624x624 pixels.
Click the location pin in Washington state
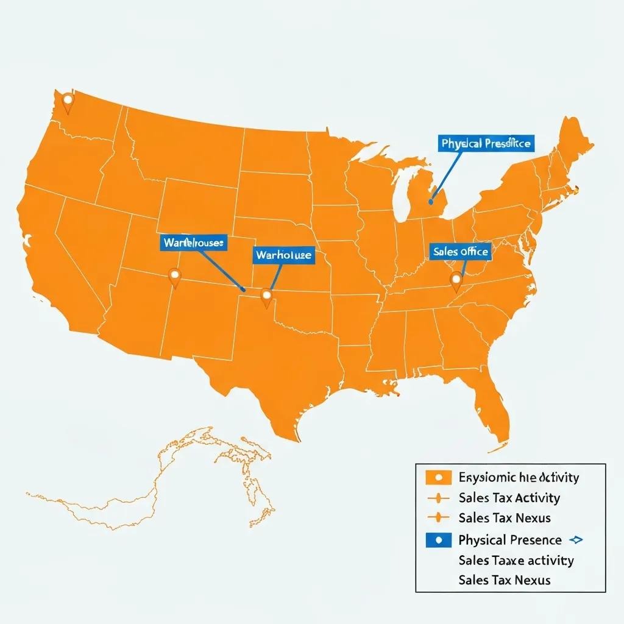tap(68, 101)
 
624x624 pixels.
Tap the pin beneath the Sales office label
tap(456, 280)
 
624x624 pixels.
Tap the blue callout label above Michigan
tap(486, 144)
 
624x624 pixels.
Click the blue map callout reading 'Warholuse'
tap(283, 255)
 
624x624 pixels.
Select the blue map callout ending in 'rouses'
tap(194, 243)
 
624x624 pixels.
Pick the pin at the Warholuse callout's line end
tap(266, 297)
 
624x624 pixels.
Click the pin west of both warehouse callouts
tap(175, 277)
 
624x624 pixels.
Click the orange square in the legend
tap(438, 477)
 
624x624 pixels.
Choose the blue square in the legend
tap(438, 539)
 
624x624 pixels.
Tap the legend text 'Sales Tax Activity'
tap(509, 498)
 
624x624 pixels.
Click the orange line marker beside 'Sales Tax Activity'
tap(438, 498)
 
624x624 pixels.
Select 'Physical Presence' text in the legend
tap(509, 540)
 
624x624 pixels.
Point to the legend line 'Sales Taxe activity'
tap(516, 560)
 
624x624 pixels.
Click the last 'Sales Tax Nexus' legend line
tap(504, 580)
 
